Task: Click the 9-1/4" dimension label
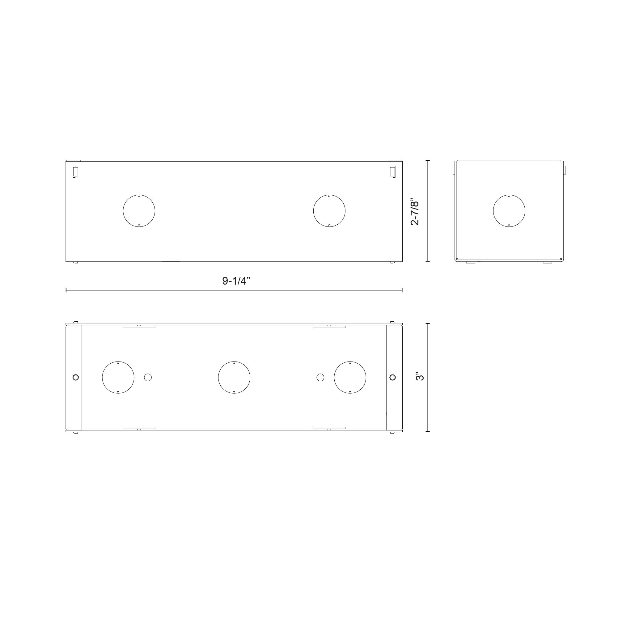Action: pyautogui.click(x=236, y=281)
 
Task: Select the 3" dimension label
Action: pyautogui.click(x=420, y=376)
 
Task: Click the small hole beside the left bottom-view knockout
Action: pyautogui.click(x=148, y=378)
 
